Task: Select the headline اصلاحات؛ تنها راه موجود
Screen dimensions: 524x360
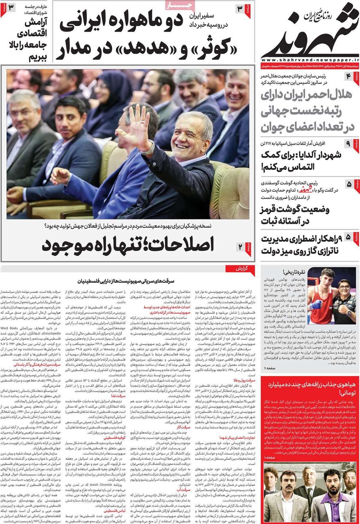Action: pyautogui.click(x=128, y=246)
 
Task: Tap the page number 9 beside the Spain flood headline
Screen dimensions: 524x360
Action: pyautogui.click(x=348, y=145)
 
